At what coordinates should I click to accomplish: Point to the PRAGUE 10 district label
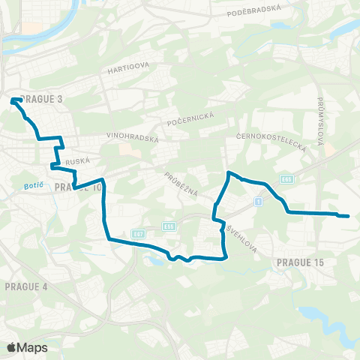pyautogui.click(x=76, y=187)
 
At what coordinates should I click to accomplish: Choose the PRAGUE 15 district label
pyautogui.click(x=299, y=262)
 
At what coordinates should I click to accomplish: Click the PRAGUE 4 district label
pyautogui.click(x=26, y=286)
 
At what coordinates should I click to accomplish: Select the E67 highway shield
pyautogui.click(x=138, y=233)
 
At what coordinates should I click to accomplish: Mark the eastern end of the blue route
pyautogui.click(x=348, y=216)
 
